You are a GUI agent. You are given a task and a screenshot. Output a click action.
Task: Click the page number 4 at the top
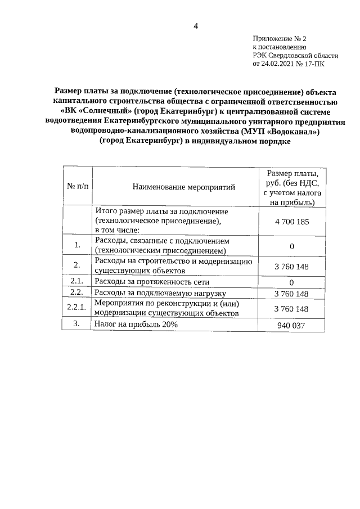pos(196,25)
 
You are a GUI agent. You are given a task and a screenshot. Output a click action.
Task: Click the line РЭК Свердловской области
pos(295,56)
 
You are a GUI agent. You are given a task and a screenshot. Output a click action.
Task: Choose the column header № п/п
pos(77,186)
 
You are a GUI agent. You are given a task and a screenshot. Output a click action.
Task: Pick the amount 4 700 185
pos(291,222)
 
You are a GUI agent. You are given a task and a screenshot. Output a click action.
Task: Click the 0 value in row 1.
pos(291,246)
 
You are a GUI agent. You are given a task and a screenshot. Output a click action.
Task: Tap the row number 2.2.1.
pos(76,308)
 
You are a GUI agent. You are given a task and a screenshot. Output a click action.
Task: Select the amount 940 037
pos(291,326)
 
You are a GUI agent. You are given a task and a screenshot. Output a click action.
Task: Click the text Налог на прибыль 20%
pos(136,325)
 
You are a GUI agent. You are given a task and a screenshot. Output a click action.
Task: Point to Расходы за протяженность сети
pos(152,281)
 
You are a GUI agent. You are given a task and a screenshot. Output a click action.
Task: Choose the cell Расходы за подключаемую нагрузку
pos(160,293)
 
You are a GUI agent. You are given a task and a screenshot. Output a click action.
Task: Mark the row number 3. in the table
pos(78,324)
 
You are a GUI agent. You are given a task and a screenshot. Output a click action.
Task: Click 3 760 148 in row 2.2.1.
pos(291,309)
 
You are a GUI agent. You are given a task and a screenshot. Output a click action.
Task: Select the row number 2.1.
pos(77,281)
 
